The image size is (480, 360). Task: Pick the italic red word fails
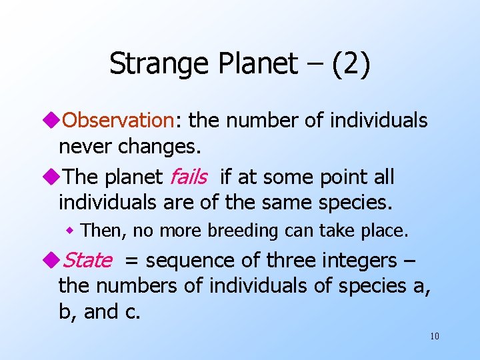point(189,177)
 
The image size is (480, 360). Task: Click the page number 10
point(434,336)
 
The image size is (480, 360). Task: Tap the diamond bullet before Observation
point(53,121)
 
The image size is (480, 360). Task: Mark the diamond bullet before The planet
point(53,177)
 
